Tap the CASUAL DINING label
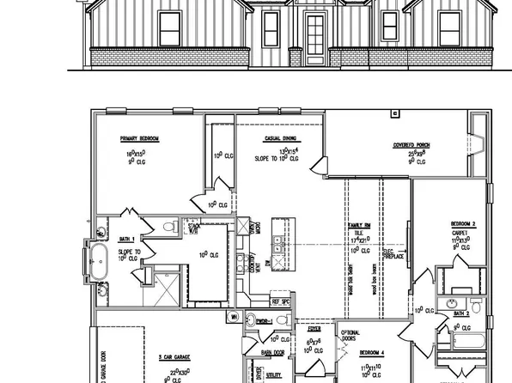click(x=280, y=137)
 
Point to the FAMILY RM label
click(x=359, y=225)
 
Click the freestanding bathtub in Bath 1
click(x=98, y=260)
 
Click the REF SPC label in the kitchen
click(x=280, y=301)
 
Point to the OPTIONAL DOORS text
click(x=351, y=335)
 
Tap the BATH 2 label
click(x=462, y=315)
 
